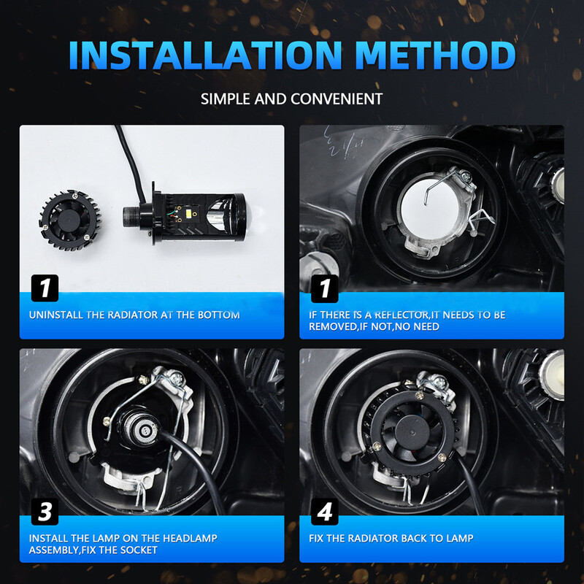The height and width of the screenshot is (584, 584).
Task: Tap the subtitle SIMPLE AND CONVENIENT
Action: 291,98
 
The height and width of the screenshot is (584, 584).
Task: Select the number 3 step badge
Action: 45,511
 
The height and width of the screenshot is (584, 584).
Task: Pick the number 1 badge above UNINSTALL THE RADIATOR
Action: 45,288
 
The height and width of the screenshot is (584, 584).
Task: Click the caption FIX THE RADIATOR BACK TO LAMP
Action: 391,538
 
